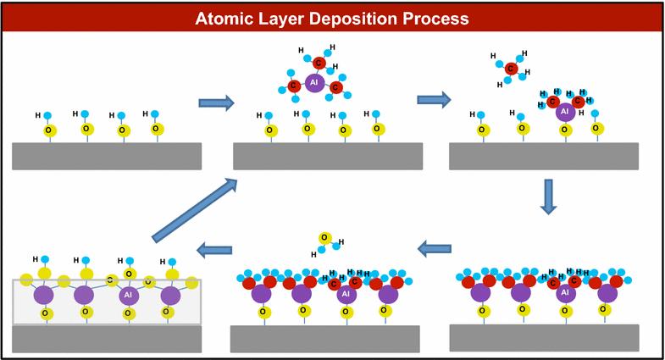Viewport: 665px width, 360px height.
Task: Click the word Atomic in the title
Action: point(224,18)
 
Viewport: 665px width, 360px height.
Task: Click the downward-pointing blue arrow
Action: point(548,197)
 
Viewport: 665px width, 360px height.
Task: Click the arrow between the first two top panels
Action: point(216,102)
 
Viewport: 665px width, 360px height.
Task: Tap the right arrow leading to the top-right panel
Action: point(433,99)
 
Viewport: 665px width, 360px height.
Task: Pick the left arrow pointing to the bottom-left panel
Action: point(214,249)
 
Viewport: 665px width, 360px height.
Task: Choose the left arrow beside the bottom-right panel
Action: point(435,248)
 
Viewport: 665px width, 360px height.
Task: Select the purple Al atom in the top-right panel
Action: point(564,111)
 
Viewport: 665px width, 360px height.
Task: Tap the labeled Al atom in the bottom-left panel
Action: point(129,295)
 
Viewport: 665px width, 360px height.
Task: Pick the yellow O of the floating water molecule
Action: point(324,238)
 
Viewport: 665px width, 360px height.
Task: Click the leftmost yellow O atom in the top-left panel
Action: point(49,130)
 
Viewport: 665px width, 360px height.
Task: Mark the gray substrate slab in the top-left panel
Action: point(107,156)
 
